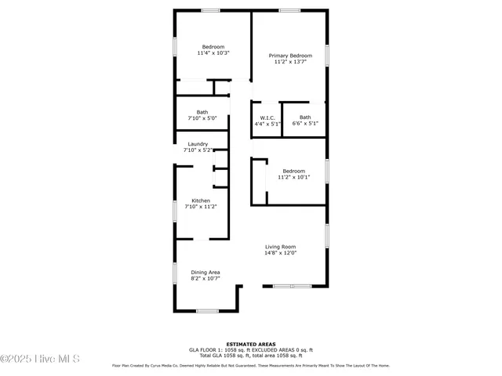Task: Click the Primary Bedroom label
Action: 290,56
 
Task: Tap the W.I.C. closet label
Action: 267,117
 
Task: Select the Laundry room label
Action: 198,144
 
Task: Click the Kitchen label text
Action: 202,201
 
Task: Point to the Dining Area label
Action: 206,272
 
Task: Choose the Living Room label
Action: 279,247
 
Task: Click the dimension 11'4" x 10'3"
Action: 213,53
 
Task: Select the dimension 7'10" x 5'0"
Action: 202,117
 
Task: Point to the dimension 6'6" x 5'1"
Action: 305,124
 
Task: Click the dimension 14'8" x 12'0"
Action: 279,253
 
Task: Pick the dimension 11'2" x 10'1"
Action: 294,177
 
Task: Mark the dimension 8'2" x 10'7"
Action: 206,278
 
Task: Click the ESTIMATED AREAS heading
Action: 250,344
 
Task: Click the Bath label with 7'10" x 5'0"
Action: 202,111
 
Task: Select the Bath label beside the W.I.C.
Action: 305,117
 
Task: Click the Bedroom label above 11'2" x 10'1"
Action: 294,171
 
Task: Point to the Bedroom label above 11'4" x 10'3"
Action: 213,47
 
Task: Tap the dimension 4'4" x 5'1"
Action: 267,124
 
